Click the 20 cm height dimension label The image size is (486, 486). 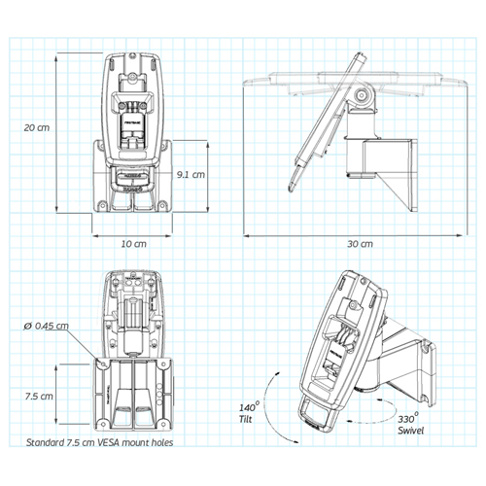(x=37, y=127)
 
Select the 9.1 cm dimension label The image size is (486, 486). (x=191, y=175)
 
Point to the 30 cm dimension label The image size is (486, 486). (x=359, y=244)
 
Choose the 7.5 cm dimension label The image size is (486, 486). (x=38, y=396)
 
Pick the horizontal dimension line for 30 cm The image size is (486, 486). (x=359, y=233)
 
